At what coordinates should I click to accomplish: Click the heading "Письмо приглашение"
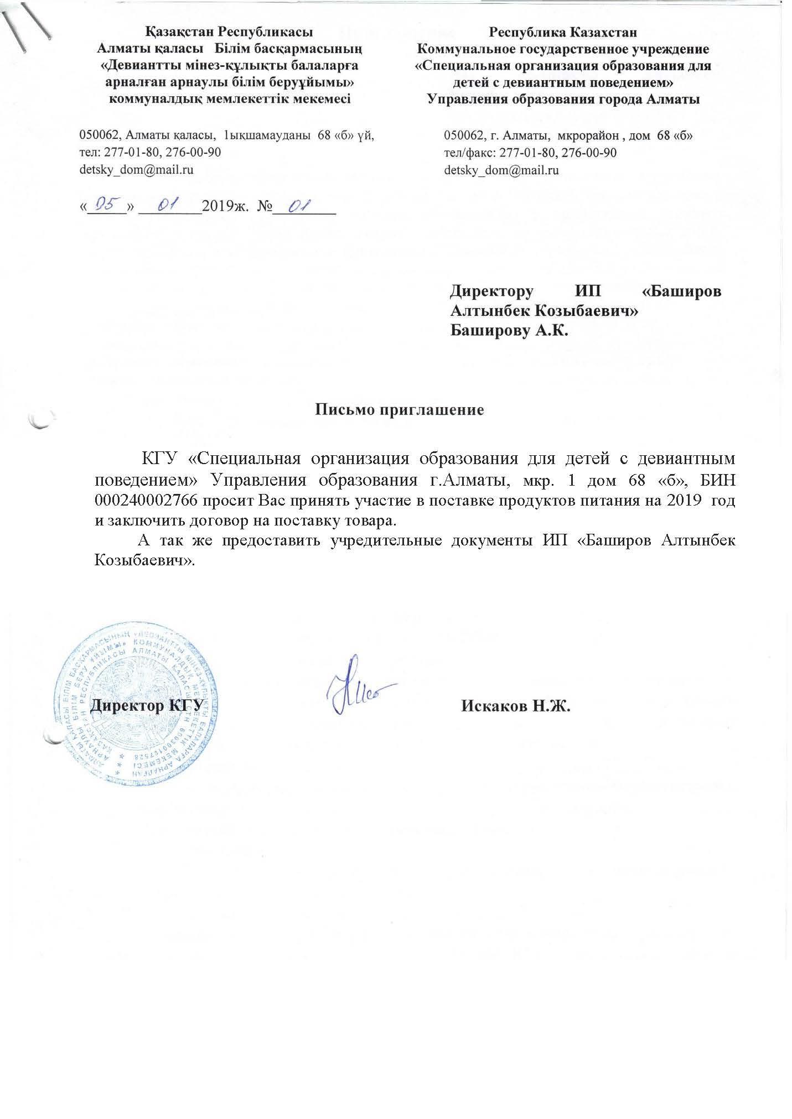tap(400, 410)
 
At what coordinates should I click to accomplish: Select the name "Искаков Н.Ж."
tap(515, 706)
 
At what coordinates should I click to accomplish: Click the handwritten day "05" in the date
tap(106, 206)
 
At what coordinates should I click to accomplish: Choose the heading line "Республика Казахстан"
tap(563, 32)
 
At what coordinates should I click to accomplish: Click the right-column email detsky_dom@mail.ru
tap(501, 170)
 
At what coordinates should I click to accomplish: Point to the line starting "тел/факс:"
tap(530, 153)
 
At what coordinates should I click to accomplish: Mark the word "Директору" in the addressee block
tap(491, 291)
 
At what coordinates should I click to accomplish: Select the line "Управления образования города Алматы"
tap(563, 100)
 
